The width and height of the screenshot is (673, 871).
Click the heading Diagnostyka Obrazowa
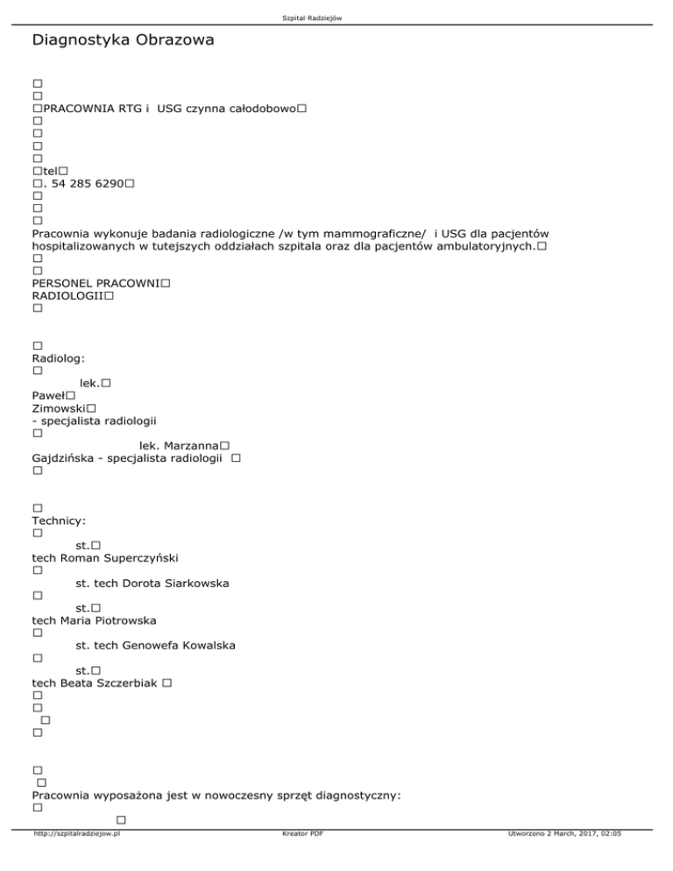coord(122,40)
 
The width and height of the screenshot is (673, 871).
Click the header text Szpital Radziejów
coord(336,7)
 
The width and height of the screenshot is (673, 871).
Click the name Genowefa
coord(154,646)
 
